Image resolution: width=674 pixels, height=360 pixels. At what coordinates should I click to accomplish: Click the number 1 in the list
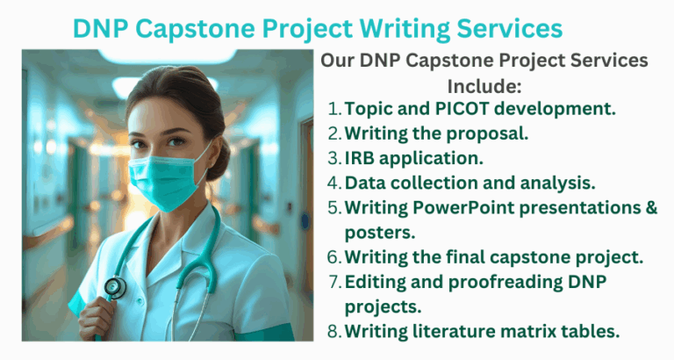333,110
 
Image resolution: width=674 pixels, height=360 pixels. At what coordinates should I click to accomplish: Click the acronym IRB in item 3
362,158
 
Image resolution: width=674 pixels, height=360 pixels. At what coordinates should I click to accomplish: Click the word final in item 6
473,256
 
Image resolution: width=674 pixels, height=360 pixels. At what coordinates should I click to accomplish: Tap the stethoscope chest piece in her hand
115,288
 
